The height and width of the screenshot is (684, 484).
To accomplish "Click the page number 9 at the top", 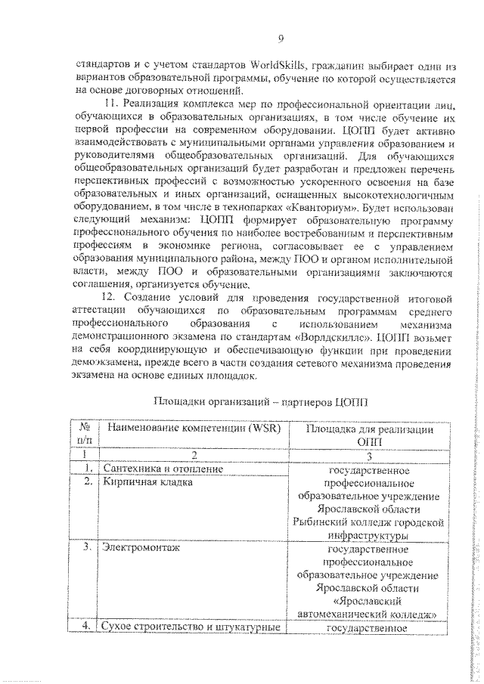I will [281, 39].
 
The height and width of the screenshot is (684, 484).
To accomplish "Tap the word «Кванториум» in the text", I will [323, 206].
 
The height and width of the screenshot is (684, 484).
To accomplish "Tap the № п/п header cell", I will [85, 435].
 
